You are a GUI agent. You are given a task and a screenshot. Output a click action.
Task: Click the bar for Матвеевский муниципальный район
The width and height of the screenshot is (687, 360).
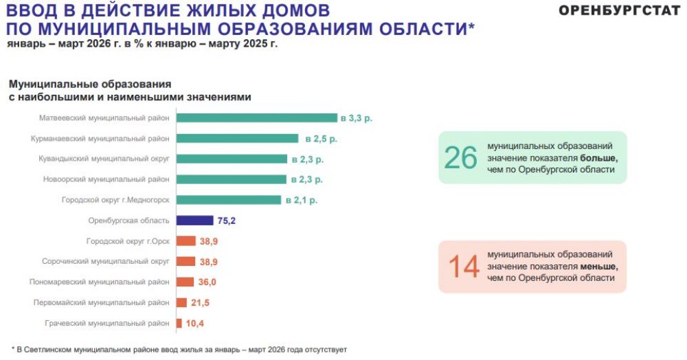coord(256,117)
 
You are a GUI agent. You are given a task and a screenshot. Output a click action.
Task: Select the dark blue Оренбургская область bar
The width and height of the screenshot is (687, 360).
coord(194,221)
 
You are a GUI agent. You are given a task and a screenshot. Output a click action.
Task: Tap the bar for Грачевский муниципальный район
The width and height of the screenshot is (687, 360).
coord(179,323)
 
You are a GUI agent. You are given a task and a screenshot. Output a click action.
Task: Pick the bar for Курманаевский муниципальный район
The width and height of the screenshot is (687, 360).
coord(237,138)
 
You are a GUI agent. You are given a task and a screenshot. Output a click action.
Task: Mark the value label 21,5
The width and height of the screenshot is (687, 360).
coord(201,303)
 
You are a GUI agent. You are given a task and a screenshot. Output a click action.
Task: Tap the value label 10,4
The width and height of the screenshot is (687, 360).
coord(195,324)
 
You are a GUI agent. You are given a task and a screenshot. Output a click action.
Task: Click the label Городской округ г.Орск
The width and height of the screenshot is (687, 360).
coord(128,241)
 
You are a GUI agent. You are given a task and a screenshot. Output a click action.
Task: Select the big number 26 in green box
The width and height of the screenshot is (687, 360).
coord(460,157)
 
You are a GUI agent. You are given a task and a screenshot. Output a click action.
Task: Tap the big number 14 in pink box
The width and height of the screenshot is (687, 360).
coord(464,267)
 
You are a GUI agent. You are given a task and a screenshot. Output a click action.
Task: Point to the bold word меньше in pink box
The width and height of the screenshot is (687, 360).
coord(599,267)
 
